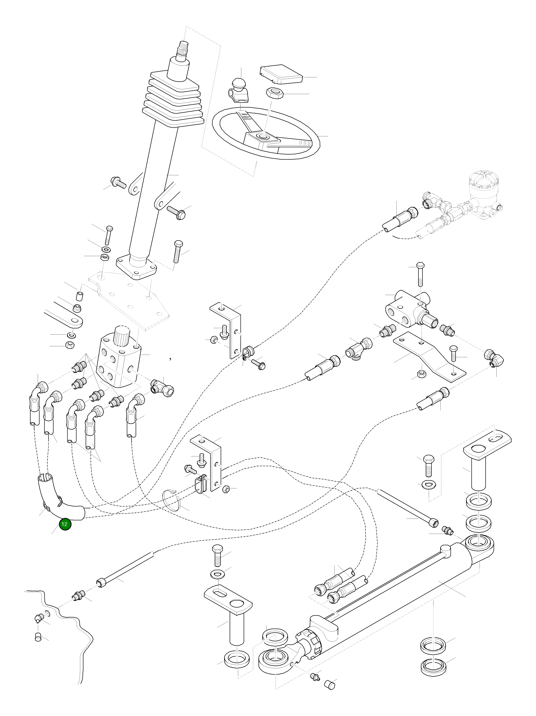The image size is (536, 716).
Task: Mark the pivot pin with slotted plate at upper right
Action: [x=482, y=463]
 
